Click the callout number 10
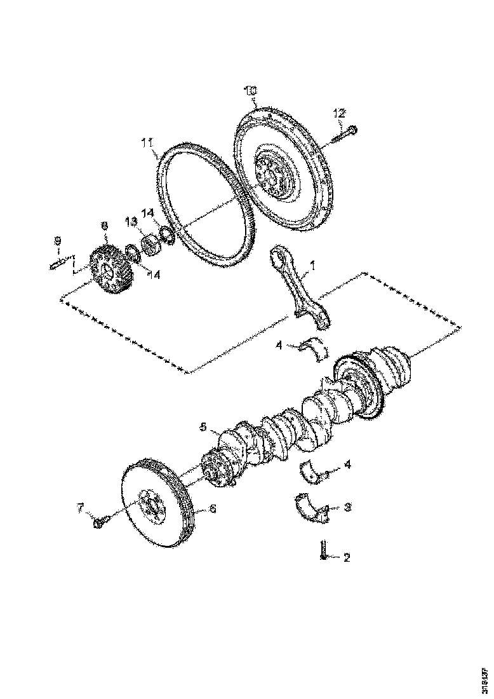click(x=251, y=92)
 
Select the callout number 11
click(x=147, y=144)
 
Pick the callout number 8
click(x=104, y=225)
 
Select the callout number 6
click(x=213, y=508)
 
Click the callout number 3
click(x=347, y=508)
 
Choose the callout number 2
click(x=347, y=558)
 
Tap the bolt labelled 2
click(x=324, y=550)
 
